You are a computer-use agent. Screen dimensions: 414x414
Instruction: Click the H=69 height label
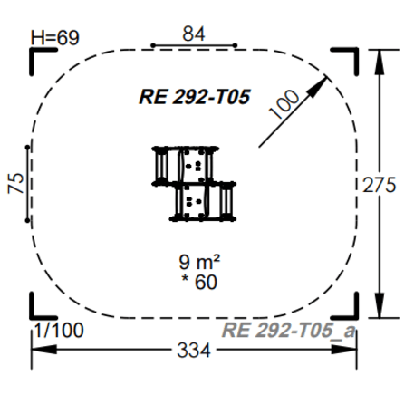pos(55,38)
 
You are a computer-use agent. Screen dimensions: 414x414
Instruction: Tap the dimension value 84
pos(194,34)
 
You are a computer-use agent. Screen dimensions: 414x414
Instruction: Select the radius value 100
pos(284,104)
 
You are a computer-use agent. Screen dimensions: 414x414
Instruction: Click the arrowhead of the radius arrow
pos(319,86)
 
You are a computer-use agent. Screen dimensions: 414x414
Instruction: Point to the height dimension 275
pos(380,185)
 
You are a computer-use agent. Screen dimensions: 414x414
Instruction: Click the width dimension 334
pos(194,351)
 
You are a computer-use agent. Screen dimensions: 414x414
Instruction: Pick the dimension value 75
pos(15,183)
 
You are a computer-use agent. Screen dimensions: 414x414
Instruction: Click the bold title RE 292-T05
pos(195,97)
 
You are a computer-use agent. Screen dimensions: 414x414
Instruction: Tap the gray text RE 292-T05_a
pos(288,330)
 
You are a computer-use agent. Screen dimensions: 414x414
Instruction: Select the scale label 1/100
pos(59,330)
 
